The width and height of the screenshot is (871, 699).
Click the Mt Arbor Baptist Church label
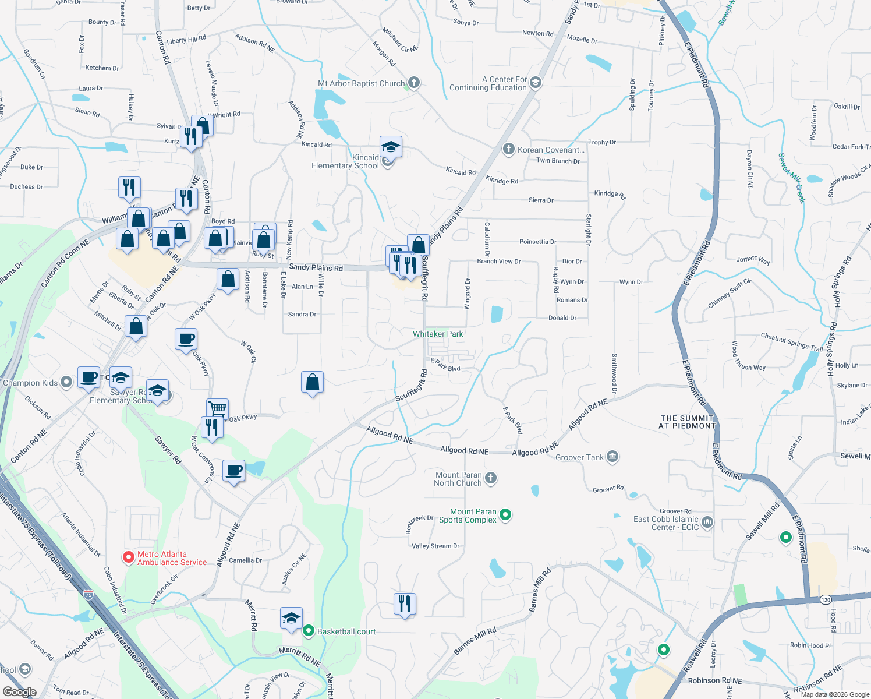click(x=361, y=83)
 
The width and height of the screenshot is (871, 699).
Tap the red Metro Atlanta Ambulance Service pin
click(x=128, y=557)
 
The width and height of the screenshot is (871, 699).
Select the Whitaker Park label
click(x=438, y=334)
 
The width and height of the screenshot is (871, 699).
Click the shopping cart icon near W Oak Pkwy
click(x=217, y=409)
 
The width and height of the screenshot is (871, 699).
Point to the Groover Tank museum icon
click(x=612, y=457)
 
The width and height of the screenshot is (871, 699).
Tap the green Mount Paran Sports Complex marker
click(x=505, y=514)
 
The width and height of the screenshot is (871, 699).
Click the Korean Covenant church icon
click(x=508, y=149)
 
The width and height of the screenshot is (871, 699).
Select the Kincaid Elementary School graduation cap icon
click(x=391, y=147)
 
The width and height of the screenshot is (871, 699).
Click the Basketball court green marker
click(x=309, y=631)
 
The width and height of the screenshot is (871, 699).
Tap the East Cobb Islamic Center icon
click(x=707, y=522)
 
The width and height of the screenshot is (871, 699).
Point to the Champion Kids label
click(x=30, y=383)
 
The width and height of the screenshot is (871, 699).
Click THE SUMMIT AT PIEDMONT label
click(x=687, y=422)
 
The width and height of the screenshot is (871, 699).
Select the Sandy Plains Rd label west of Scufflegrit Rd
click(x=316, y=267)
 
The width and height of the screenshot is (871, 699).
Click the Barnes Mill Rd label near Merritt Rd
click(x=475, y=640)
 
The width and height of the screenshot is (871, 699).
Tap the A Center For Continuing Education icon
click(x=536, y=83)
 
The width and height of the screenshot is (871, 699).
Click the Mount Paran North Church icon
click(x=491, y=478)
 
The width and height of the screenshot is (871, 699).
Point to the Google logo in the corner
click(x=19, y=692)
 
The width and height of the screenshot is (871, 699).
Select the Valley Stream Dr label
click(x=436, y=546)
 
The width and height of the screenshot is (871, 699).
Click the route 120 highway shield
click(x=826, y=599)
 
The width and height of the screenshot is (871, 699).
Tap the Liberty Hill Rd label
click(x=186, y=40)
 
